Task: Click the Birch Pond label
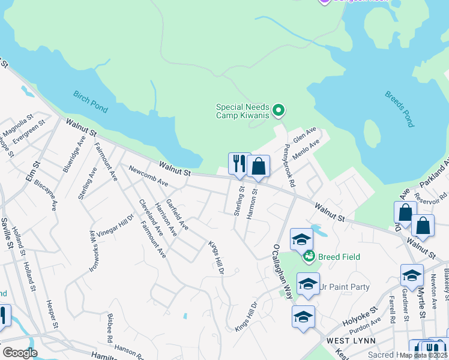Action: click(x=91, y=101)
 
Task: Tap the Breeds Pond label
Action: click(x=400, y=109)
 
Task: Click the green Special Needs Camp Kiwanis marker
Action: click(x=278, y=110)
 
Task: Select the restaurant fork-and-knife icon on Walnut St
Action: click(x=239, y=164)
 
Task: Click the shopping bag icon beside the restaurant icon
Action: click(x=258, y=167)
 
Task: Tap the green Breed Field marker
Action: click(x=309, y=257)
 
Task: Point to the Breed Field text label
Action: click(x=339, y=257)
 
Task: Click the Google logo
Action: click(x=20, y=352)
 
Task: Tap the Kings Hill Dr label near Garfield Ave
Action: click(x=216, y=258)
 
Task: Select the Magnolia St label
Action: click(x=17, y=127)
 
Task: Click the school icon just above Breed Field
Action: click(x=301, y=238)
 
